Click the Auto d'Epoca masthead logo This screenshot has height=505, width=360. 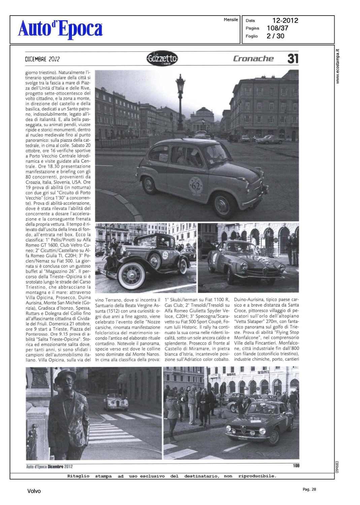click(60, 29)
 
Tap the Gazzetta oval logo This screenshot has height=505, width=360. click(162, 59)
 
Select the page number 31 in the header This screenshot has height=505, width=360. click(293, 59)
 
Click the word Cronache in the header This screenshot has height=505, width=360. click(253, 59)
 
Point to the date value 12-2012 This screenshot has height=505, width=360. click(285, 21)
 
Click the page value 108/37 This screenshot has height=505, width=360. click(277, 28)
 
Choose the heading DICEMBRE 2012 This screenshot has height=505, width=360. click(42, 59)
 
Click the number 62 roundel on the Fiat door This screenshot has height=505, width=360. click(195, 186)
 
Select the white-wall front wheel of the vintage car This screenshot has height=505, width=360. click(131, 275)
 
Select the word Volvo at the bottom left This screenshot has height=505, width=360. click(34, 491)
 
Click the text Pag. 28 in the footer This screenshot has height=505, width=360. click(309, 490)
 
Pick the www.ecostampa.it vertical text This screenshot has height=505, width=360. click(338, 67)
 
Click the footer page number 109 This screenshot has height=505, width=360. click(296, 466)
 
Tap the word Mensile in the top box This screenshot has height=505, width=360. click(231, 20)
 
